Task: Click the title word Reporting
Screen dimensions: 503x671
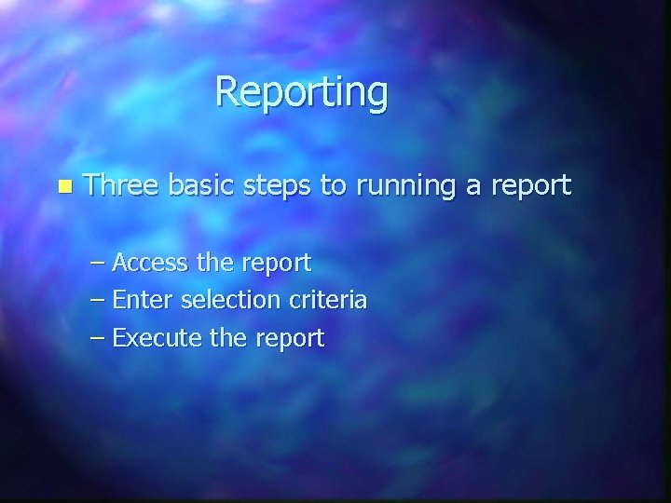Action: coord(301,94)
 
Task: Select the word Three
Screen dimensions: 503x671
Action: coord(121,185)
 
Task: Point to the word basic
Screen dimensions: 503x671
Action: coord(204,185)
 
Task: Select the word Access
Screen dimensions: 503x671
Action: coord(155,264)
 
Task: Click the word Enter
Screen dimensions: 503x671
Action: coord(143,301)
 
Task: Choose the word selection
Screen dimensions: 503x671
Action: coord(229,301)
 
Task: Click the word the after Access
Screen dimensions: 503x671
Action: coord(217,264)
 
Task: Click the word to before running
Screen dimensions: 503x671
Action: coord(332,186)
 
